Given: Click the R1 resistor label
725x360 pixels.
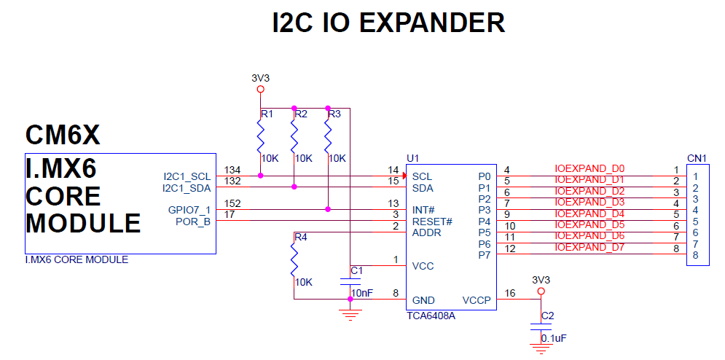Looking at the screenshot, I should coord(267,114).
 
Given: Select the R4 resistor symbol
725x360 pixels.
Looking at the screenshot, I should coord(294,259).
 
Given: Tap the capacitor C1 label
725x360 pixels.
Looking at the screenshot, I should coord(356,271).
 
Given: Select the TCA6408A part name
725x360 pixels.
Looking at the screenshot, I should coord(431,316).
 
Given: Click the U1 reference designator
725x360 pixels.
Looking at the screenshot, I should coord(413,158).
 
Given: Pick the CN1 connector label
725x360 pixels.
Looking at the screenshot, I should coord(697,158).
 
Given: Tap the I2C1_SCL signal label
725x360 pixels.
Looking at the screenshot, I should coord(187,177).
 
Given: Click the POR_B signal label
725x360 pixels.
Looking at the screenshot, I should coord(193,222).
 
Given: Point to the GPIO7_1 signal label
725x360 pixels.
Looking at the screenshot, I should coord(189,210).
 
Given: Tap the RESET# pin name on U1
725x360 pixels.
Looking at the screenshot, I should coord(432,222).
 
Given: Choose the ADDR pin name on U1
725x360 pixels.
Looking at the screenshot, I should coord(427,232).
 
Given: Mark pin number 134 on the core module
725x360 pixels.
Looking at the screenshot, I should coord(232,170).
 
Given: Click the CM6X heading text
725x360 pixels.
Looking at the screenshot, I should coord(63,135).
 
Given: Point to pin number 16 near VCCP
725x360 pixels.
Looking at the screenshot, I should coord(510,293).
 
